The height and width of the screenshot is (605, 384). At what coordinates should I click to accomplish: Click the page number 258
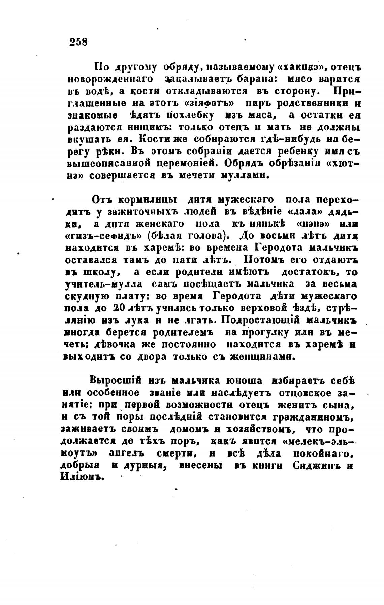[x=78, y=42]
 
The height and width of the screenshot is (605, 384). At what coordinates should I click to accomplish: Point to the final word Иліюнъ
[x=81, y=478]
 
